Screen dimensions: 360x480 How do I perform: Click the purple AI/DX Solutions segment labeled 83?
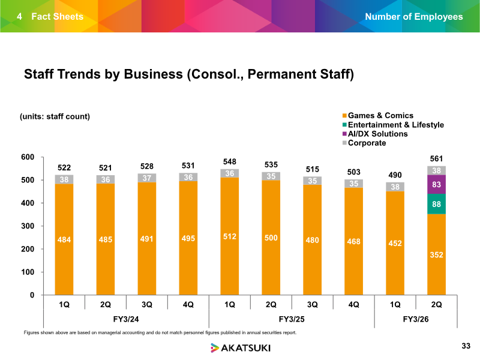[436, 184]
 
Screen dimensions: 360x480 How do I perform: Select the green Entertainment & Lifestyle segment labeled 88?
[436, 204]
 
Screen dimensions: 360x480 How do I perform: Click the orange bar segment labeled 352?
[436, 254]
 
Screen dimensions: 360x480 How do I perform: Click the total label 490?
[395, 174]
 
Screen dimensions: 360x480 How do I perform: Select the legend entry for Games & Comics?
[377, 116]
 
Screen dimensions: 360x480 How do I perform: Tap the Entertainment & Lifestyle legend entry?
[392, 125]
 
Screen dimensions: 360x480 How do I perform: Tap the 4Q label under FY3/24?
[188, 304]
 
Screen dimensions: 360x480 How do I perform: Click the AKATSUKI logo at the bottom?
[240, 347]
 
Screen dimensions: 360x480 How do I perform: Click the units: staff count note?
[56, 116]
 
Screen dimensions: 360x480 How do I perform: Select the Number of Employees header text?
[414, 16]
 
